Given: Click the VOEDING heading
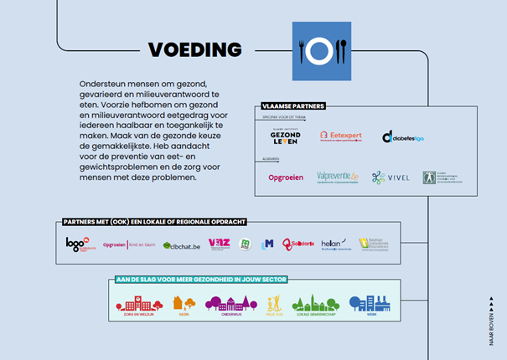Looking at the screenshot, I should (x=194, y=49).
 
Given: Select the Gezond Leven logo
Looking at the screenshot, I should (x=285, y=136).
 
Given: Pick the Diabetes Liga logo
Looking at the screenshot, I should (x=403, y=136).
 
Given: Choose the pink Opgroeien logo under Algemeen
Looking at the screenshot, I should (x=285, y=177).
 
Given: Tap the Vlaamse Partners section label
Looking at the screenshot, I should (x=293, y=106).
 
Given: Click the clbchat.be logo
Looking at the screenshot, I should (x=182, y=245).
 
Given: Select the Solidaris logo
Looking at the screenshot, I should (x=297, y=244).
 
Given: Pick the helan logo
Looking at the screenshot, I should (x=333, y=244).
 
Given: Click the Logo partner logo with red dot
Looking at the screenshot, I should (x=77, y=244).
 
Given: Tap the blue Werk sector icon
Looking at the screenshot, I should (x=369, y=305).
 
